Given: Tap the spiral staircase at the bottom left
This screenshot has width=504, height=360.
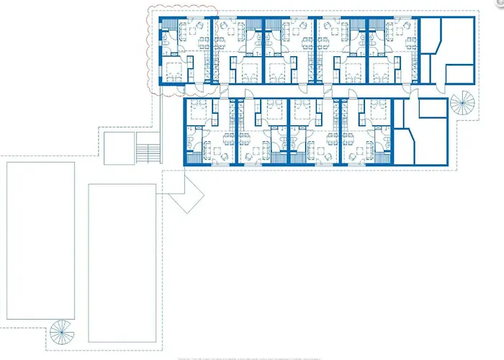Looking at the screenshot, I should [61, 332].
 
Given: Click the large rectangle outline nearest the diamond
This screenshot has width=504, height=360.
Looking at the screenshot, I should [122, 263].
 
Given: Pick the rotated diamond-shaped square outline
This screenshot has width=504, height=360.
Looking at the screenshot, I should [186, 195].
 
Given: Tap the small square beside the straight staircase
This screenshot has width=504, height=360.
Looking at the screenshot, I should [120, 148].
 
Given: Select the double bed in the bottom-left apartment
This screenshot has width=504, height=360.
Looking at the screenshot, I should [199, 112].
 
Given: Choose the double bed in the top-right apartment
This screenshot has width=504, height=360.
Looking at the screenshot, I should [382, 71].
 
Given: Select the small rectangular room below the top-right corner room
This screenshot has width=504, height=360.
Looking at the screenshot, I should [458, 75].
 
